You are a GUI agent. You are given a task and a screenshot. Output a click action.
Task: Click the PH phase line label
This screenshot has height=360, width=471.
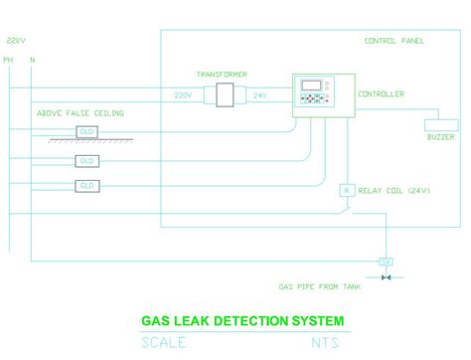tap(8, 61)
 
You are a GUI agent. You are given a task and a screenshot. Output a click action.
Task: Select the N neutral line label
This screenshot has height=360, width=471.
tap(33, 61)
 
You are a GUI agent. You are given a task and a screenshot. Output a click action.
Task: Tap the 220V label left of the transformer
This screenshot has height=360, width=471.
tap(183, 95)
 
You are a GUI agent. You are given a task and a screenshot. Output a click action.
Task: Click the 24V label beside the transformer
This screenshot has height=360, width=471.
tap(259, 95)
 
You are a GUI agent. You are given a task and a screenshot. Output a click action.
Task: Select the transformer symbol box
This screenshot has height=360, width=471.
tap(222, 95)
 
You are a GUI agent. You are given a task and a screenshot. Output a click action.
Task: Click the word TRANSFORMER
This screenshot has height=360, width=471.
tap(221, 75)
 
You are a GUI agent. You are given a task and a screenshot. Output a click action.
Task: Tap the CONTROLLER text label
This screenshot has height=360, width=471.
tap(381, 94)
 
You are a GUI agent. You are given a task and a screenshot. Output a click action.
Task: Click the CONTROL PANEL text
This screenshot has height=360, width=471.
tap(394, 41)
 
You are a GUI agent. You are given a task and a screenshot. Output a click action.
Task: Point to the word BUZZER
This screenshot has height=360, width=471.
tap(440, 137)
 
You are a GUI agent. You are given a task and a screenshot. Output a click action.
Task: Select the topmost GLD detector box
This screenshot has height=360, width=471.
tap(86, 132)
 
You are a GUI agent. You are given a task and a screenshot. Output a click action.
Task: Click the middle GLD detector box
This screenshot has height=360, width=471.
tap(86, 160)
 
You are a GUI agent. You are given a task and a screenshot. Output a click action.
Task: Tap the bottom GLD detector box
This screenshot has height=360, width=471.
tap(86, 186)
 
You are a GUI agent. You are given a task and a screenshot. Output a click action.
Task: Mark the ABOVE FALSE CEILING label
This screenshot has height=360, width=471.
tap(80, 114)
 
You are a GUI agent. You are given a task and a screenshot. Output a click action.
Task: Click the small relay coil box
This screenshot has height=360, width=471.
tap(346, 189)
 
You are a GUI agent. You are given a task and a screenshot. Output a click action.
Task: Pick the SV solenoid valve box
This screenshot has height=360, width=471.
tap(386, 262)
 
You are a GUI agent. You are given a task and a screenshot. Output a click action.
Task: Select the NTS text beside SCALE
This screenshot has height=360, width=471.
tap(327, 343)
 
